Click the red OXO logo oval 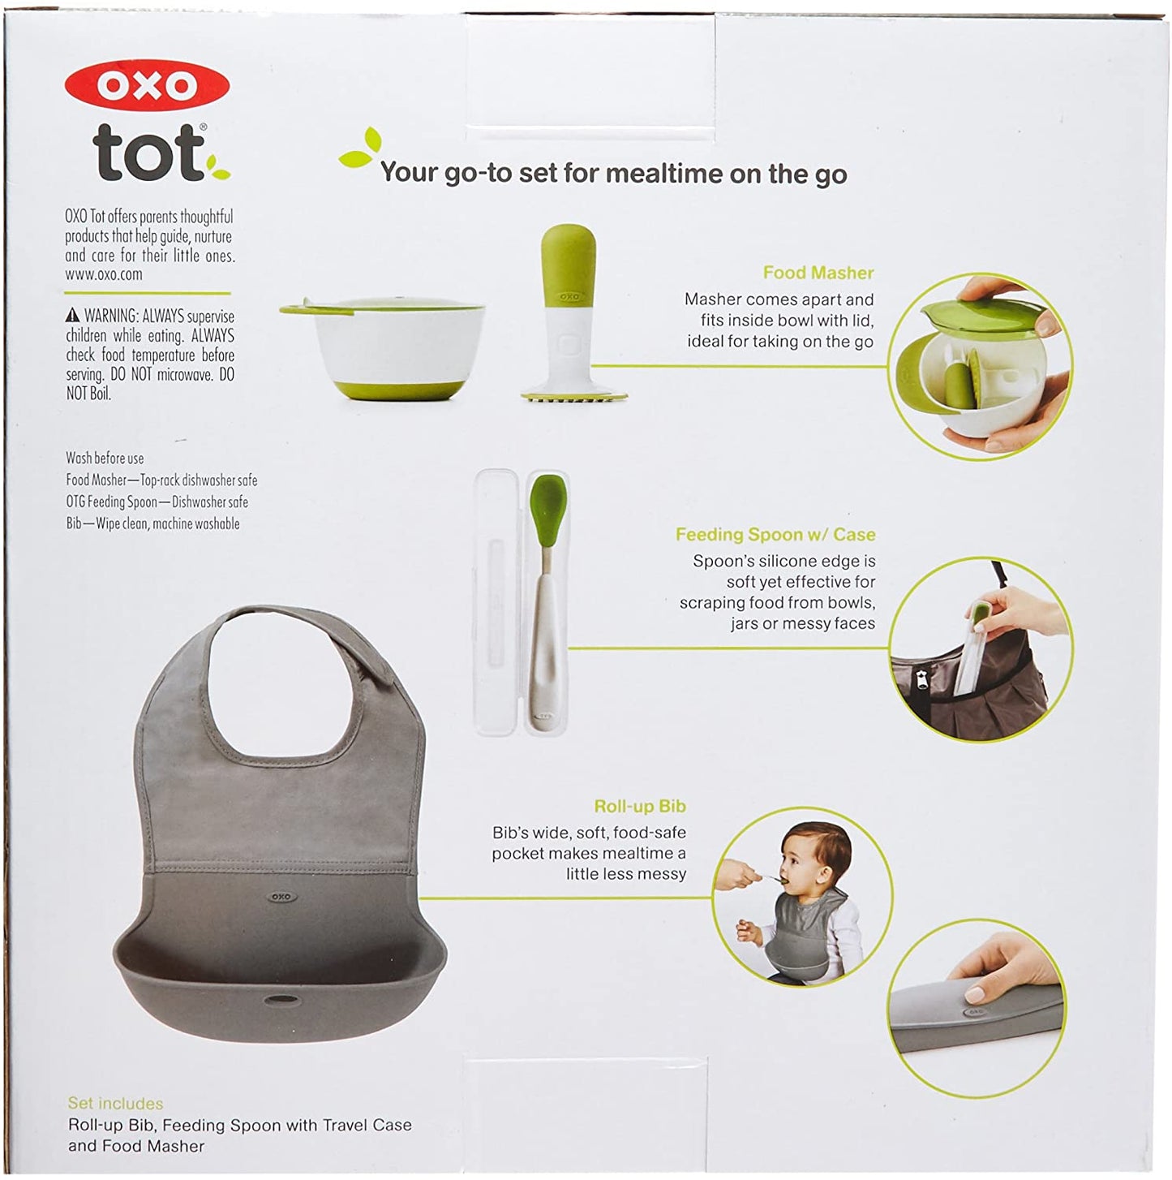(x=147, y=86)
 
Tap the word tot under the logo (x=148, y=153)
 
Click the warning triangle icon (x=72, y=316)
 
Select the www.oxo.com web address (x=104, y=274)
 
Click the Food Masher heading (x=818, y=273)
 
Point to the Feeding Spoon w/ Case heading (x=775, y=534)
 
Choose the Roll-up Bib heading (x=640, y=806)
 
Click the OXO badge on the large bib (x=281, y=897)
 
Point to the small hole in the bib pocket (x=282, y=1001)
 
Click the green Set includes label (x=115, y=1103)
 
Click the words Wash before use (x=105, y=458)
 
